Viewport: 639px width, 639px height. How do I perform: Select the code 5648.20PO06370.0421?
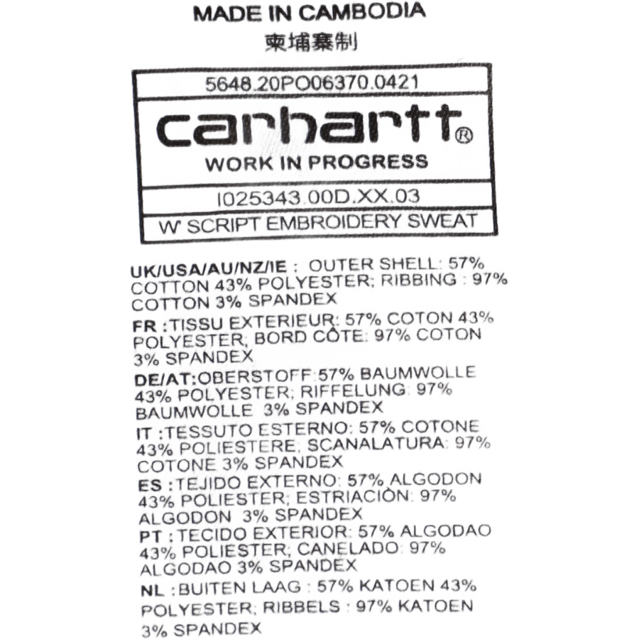pos(312,83)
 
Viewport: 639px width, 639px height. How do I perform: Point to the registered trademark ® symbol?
pos(464,136)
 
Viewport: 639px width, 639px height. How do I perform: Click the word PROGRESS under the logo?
pos(368,162)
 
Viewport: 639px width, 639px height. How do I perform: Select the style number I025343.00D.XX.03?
pos(318,197)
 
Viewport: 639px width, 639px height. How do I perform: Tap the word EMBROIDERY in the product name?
pos(334,223)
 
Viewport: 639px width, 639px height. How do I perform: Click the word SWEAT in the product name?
pos(442,221)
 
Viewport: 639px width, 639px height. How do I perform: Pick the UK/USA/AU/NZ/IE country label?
pos(209,269)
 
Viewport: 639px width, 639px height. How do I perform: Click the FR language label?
pos(144,326)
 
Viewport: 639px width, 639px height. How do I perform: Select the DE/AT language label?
pos(165,379)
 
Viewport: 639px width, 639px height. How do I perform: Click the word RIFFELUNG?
pos(353,390)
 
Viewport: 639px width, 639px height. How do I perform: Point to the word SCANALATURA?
pos(376,444)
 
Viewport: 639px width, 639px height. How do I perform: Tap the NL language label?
pos(153,591)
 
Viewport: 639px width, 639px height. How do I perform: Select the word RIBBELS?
pos(302,607)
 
